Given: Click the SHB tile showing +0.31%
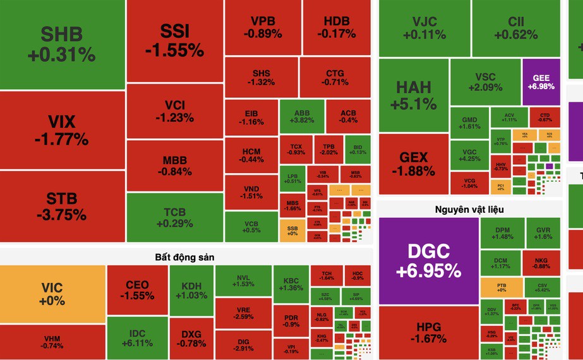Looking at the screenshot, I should coord(62,44).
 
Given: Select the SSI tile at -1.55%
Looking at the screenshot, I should coord(174,41).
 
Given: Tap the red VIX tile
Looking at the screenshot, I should coord(62,129).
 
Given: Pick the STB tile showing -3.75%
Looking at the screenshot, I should coord(62,206).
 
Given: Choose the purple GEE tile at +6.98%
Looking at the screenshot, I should coord(541,81).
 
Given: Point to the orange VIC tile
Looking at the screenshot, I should coord(52,294).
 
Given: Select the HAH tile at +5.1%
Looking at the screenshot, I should coord(413,95).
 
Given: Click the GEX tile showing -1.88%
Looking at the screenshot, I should coord(413,164).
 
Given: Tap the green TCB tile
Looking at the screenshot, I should coord(174,217).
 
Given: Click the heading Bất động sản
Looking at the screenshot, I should coord(186,257).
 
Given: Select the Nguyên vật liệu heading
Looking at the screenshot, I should coord(469,209).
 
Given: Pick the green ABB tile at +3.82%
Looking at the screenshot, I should coord(301,116).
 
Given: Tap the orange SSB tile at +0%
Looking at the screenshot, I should coord(292,231).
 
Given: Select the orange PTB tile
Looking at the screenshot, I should coord(502,288).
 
